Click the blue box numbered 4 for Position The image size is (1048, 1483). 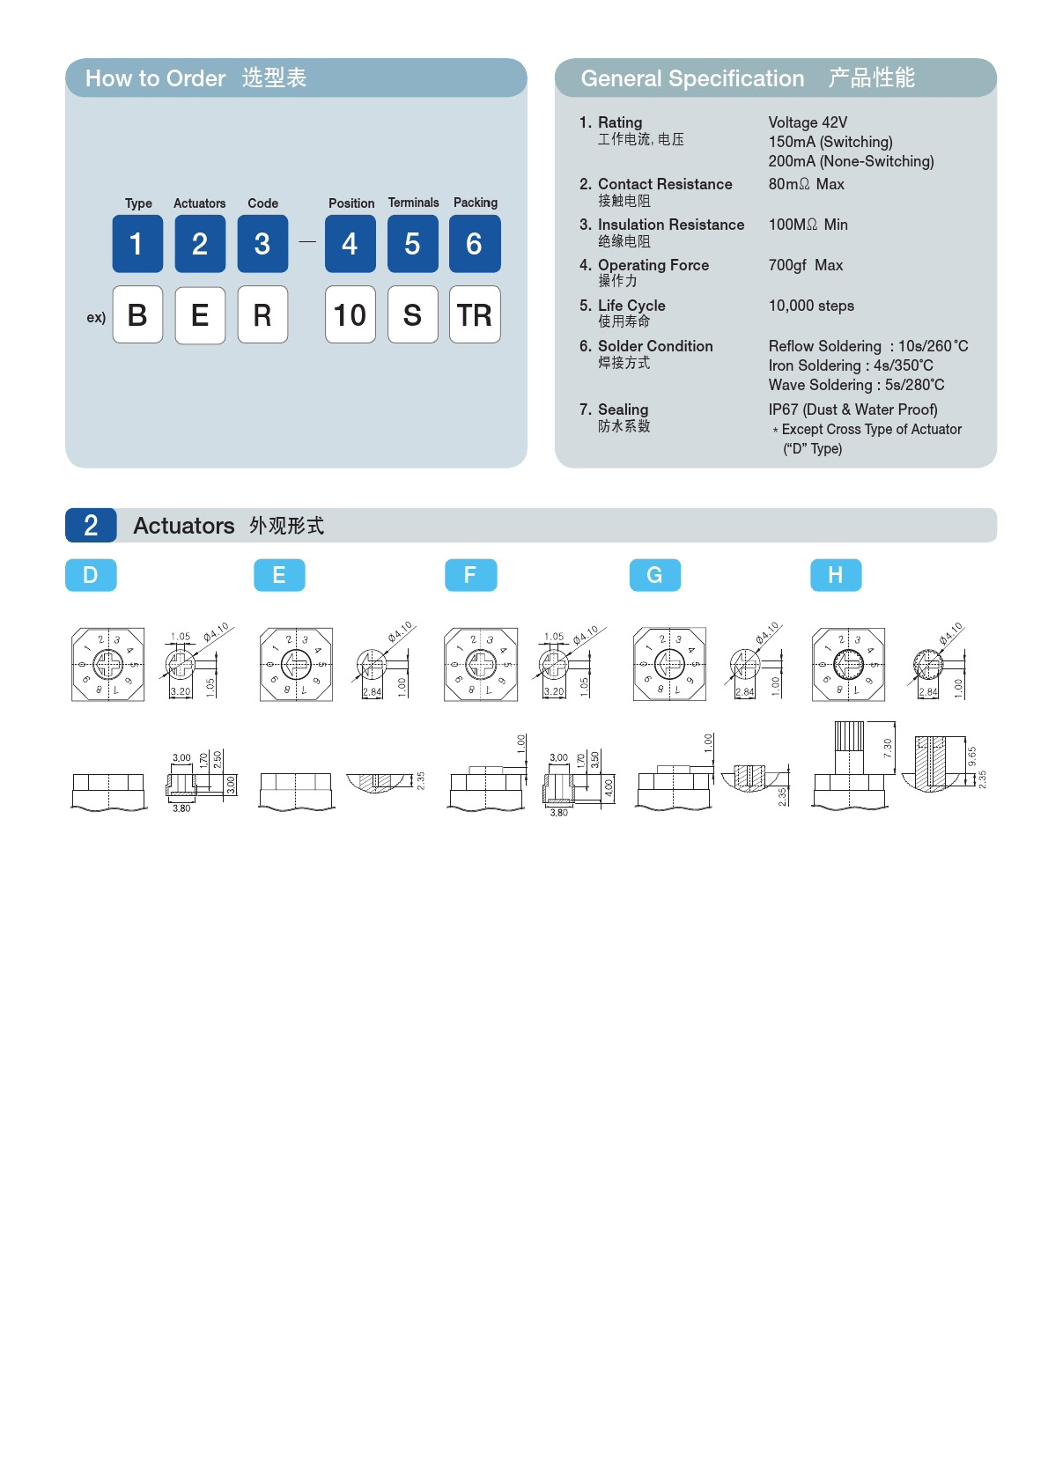coord(350,244)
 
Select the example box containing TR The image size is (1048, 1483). coord(475,314)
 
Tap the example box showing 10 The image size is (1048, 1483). coord(350,314)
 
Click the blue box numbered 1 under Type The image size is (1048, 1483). coord(137,244)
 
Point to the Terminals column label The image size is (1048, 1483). coord(413,203)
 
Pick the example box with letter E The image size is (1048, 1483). coord(200,314)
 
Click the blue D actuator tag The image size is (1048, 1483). coord(91,575)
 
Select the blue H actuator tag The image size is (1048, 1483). coord(835,575)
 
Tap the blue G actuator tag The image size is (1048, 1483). coord(654,575)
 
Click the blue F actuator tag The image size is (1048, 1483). coord(470,575)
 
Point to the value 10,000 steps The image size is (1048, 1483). coord(811,306)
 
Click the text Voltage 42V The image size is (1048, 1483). coord(808,122)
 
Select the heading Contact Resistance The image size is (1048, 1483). coord(665,184)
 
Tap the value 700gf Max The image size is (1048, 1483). coord(805,265)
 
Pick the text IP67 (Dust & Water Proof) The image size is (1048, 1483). coord(852,409)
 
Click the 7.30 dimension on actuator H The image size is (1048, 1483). coord(888,749)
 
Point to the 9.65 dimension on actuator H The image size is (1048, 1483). coord(972,756)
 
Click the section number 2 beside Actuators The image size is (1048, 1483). coord(91,526)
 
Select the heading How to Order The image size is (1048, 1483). coord(155,78)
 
